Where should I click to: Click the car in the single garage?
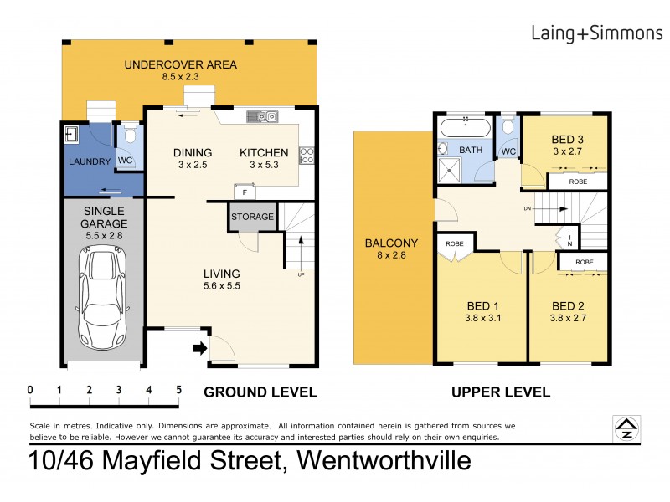(x=101, y=300)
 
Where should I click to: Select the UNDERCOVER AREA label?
(x=181, y=64)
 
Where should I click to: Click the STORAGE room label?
(x=252, y=217)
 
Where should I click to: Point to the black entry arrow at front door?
(x=198, y=348)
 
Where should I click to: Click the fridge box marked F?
(x=243, y=192)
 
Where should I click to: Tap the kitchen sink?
(x=266, y=117)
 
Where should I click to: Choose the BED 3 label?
(x=567, y=139)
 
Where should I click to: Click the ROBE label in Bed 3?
(x=578, y=181)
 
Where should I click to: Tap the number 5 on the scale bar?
(x=178, y=389)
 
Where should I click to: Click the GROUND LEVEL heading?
(x=260, y=392)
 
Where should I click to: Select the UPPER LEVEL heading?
(x=500, y=392)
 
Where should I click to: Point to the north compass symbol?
(x=624, y=428)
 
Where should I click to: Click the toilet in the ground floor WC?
(x=129, y=137)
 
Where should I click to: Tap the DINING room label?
(x=192, y=153)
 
